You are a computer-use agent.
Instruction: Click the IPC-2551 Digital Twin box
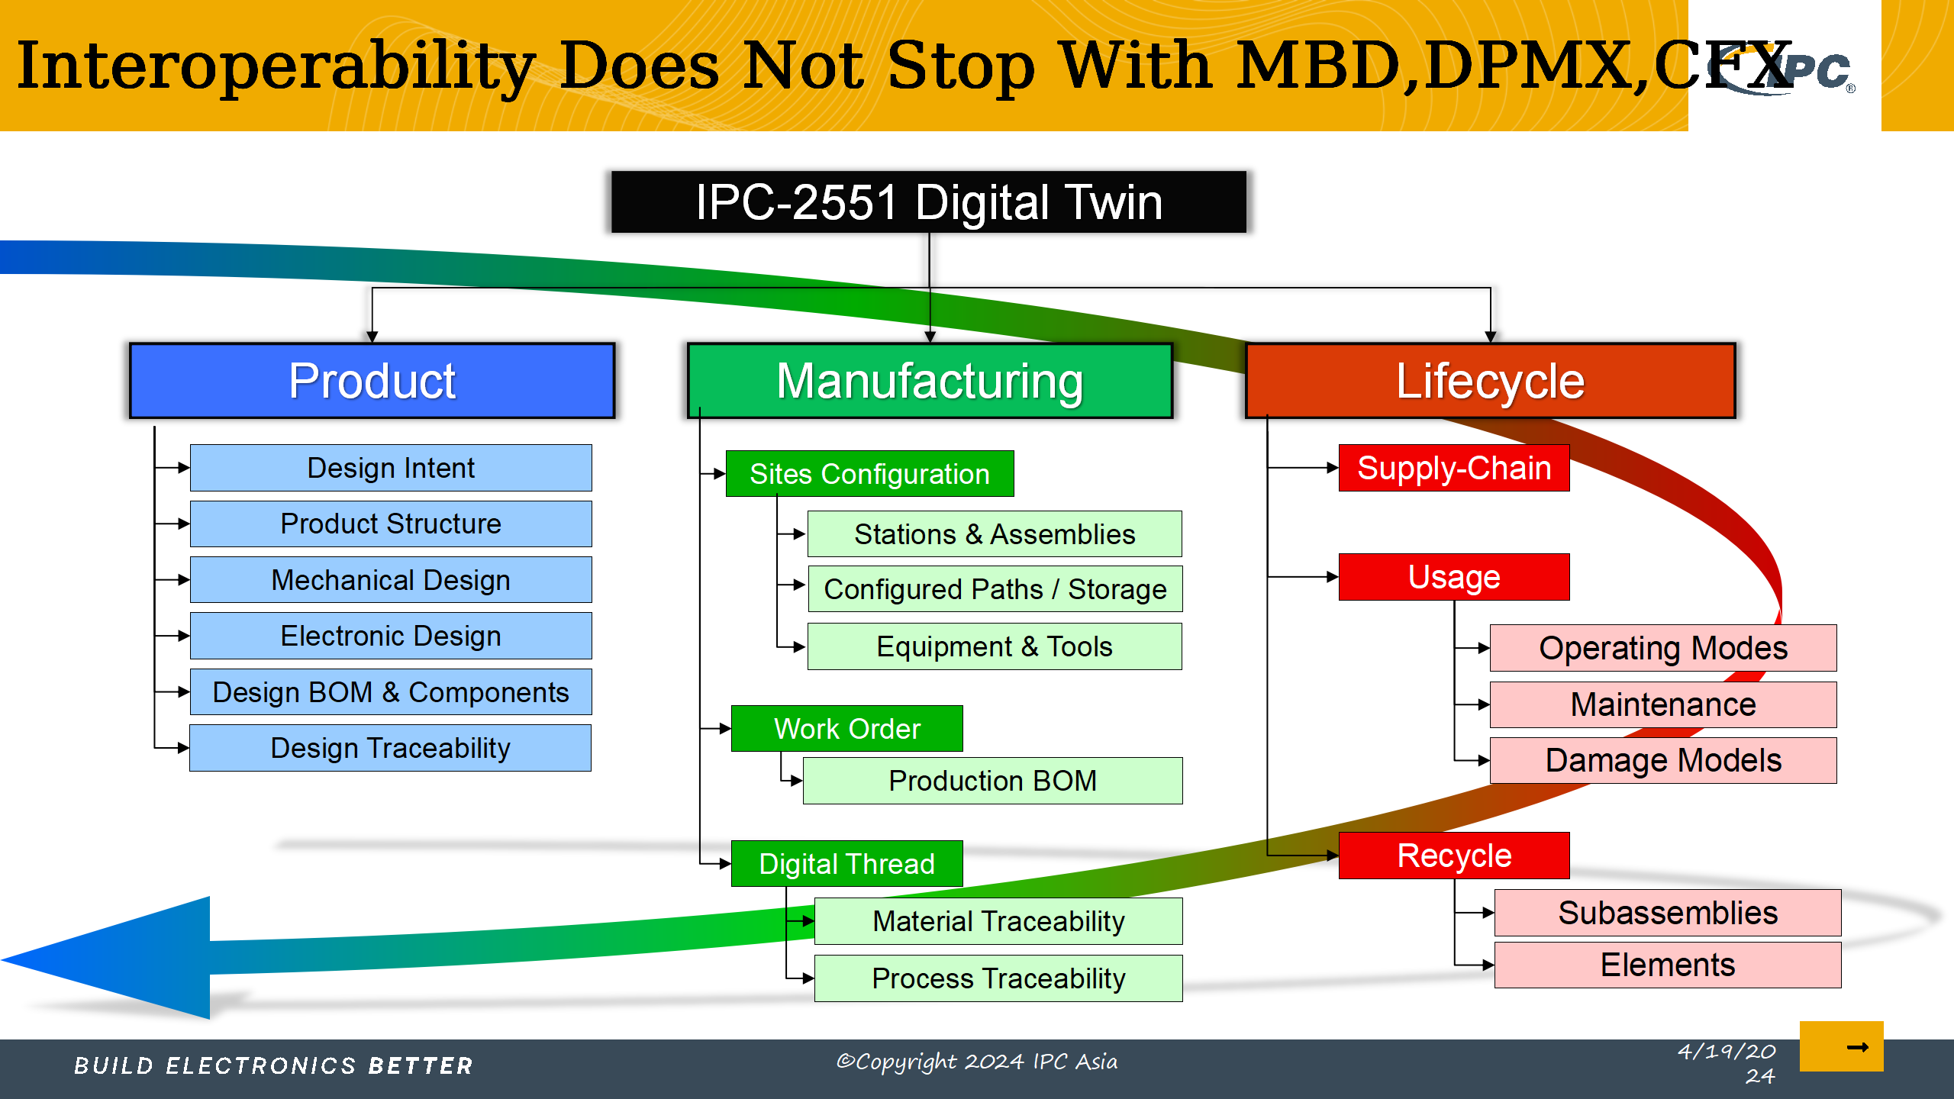point(928,201)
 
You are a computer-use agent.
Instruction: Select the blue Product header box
point(372,381)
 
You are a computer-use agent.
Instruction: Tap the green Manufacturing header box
point(930,381)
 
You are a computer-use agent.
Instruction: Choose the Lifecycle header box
point(1490,381)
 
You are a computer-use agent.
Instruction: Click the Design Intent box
point(391,468)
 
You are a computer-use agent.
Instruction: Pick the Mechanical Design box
point(391,580)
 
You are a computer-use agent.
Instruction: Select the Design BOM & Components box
point(391,692)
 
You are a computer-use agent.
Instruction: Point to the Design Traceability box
point(391,748)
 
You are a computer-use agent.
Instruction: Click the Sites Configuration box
point(870,474)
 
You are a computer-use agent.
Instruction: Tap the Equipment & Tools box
point(995,646)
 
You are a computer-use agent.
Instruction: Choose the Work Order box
point(847,729)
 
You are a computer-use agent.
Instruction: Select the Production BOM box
point(993,781)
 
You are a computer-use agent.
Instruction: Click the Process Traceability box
point(998,978)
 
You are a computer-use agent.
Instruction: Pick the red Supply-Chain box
point(1454,468)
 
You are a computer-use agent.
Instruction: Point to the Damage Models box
point(1664,760)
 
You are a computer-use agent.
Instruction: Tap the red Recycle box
point(1454,856)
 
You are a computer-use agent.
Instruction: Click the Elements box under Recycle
point(1668,965)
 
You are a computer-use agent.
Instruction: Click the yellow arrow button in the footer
point(1842,1046)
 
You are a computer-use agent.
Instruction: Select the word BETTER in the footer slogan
point(421,1065)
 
